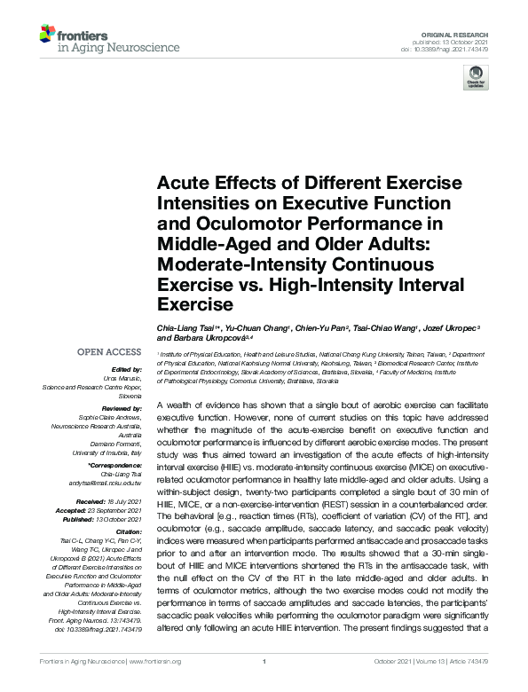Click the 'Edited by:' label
127,369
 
